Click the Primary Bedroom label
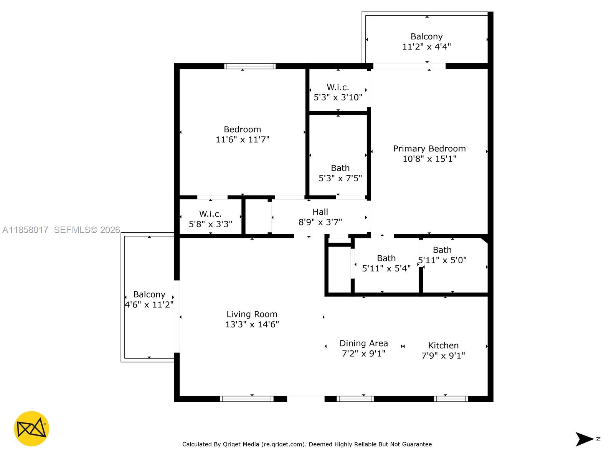(429, 149)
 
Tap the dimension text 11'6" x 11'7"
(242, 140)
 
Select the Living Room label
(252, 314)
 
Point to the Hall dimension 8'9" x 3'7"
(320, 222)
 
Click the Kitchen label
(443, 345)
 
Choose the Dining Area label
(363, 343)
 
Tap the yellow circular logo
(31, 429)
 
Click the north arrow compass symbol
(585, 439)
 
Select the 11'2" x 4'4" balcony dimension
(426, 47)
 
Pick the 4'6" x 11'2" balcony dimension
(149, 305)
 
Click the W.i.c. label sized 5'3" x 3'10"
(338, 87)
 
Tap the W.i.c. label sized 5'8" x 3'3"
(210, 214)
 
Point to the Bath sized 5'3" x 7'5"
(340, 168)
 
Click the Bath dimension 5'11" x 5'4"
(386, 268)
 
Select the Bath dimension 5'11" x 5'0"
(442, 260)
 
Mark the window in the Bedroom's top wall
(250, 66)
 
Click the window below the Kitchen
(451, 399)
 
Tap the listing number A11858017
(25, 230)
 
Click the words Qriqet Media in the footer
(240, 444)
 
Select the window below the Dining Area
(355, 399)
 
